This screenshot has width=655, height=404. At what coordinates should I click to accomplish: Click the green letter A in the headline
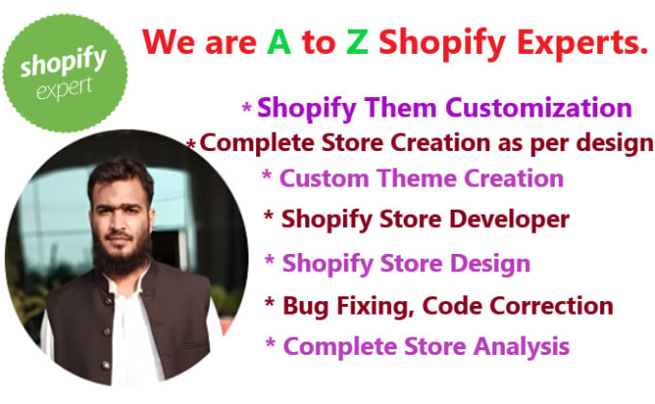pyautogui.click(x=279, y=42)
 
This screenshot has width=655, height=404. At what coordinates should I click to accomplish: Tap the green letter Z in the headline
pyautogui.click(x=357, y=42)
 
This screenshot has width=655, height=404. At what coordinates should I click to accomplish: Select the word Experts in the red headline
pyautogui.click(x=583, y=44)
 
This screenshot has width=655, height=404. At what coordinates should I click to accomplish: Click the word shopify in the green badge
pyautogui.click(x=63, y=63)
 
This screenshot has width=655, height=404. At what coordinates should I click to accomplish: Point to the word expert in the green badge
pyautogui.click(x=64, y=88)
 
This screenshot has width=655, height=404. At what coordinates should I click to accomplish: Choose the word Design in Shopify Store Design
pyautogui.click(x=490, y=264)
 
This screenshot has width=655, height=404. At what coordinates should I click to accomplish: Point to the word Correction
pyautogui.click(x=551, y=306)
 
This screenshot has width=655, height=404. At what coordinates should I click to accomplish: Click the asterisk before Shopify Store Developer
pyautogui.click(x=269, y=216)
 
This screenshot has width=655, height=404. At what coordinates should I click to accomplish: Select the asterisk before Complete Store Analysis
pyautogui.click(x=271, y=344)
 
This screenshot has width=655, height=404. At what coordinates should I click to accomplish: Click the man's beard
pyautogui.click(x=121, y=255)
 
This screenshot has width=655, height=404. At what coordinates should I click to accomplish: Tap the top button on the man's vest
pyautogui.click(x=109, y=301)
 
